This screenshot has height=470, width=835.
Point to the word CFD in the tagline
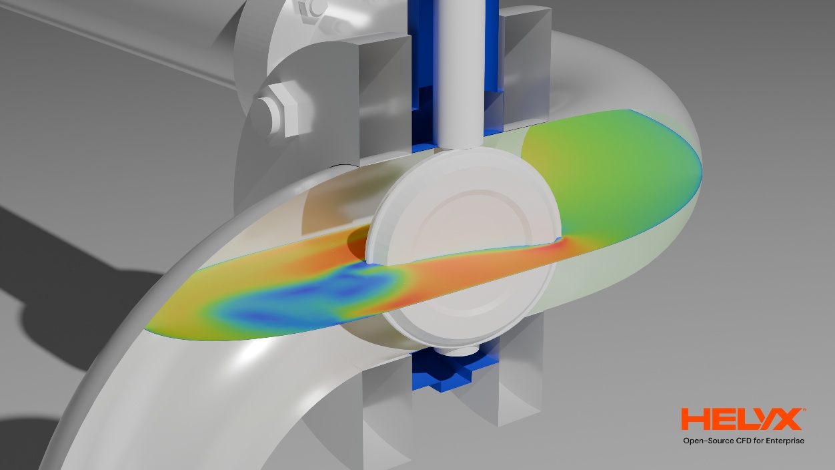coord(744,441)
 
